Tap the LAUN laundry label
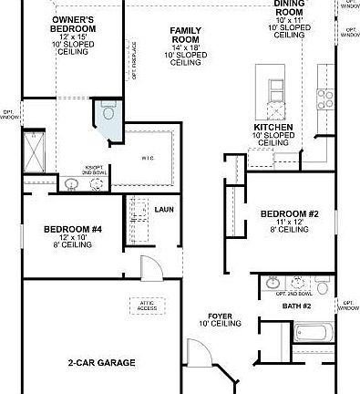point(164,210)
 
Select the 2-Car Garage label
point(101,363)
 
